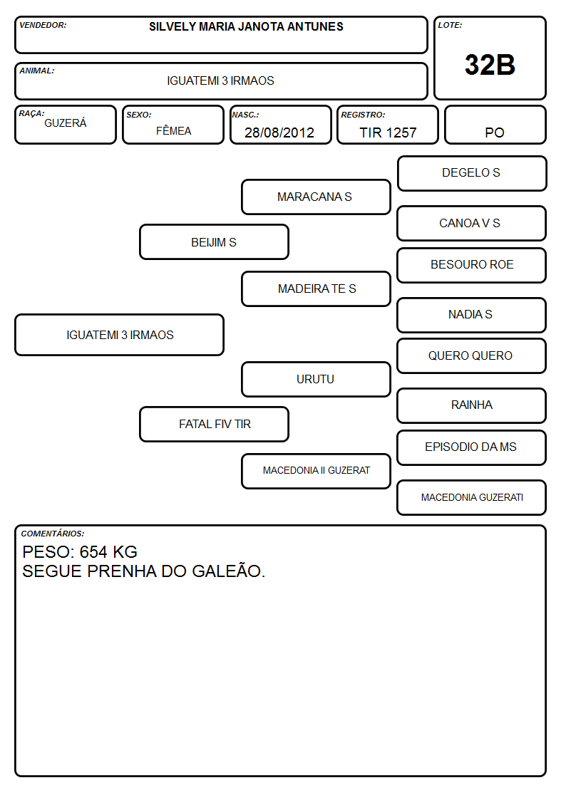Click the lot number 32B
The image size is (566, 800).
point(490,65)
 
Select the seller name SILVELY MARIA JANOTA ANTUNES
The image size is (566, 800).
point(246,26)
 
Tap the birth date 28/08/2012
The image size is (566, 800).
point(279,133)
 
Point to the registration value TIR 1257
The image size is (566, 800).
point(388,133)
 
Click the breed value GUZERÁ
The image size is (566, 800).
point(66,123)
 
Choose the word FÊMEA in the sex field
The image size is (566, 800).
point(173,130)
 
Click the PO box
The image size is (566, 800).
point(495,125)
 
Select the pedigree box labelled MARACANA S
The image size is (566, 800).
point(316,197)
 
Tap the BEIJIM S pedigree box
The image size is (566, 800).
point(214,242)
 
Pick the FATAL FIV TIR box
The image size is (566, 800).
point(214,424)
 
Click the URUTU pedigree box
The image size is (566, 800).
point(316,379)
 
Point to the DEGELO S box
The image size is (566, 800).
point(472,174)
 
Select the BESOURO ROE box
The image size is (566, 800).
point(472,265)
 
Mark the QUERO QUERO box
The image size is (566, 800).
point(472,355)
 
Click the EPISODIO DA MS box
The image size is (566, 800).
point(472,447)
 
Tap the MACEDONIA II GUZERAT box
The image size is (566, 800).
point(316,471)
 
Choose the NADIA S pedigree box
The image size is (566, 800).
point(472,315)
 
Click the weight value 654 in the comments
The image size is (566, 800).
point(93,552)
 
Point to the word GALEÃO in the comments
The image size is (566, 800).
point(228,571)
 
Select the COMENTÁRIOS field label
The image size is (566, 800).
point(53,534)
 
